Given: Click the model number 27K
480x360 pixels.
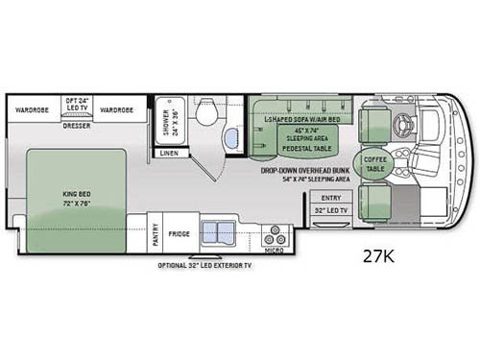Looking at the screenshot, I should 383,256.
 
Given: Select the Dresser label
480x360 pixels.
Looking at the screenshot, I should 76,125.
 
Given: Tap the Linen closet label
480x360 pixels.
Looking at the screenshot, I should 169,152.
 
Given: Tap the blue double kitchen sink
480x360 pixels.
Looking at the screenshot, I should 226,233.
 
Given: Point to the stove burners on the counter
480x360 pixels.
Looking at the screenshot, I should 275,234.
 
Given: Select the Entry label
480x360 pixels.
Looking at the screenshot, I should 331,197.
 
